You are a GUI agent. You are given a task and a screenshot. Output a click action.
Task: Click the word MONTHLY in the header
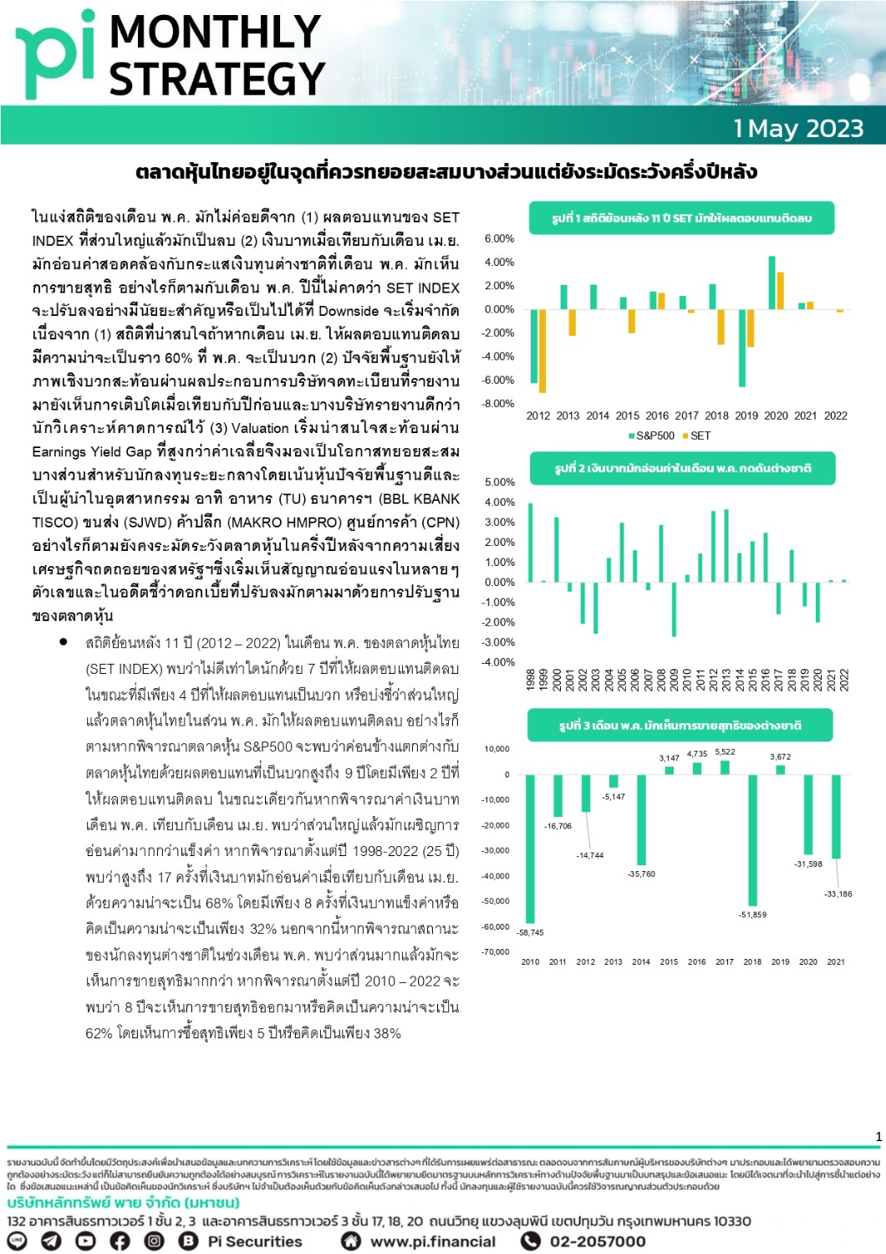[215, 32]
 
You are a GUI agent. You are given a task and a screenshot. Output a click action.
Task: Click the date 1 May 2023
[798, 129]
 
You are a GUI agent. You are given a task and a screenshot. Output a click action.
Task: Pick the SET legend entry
[696, 436]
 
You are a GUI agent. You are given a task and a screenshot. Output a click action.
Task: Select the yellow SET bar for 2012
[542, 350]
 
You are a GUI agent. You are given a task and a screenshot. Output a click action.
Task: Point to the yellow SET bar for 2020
[781, 290]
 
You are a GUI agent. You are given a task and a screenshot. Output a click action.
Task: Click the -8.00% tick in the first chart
[499, 404]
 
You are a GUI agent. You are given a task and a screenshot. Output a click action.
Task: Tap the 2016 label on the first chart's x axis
[657, 415]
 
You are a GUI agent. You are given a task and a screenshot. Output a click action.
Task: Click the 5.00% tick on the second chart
[500, 482]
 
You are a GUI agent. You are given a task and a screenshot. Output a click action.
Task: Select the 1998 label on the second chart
[531, 678]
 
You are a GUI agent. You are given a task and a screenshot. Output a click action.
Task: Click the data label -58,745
[530, 932]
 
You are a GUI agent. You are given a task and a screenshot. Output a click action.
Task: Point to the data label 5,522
[725, 752]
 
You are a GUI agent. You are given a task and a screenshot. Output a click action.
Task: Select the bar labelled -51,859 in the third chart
[753, 840]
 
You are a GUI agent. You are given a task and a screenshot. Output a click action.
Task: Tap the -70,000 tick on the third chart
[496, 952]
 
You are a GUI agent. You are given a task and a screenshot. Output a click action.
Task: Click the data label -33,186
[838, 894]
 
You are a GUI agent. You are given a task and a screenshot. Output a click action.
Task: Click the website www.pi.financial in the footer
[432, 1241]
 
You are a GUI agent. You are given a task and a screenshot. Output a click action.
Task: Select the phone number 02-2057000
[597, 1241]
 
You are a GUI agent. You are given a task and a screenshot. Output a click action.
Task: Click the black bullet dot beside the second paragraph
[64, 642]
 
